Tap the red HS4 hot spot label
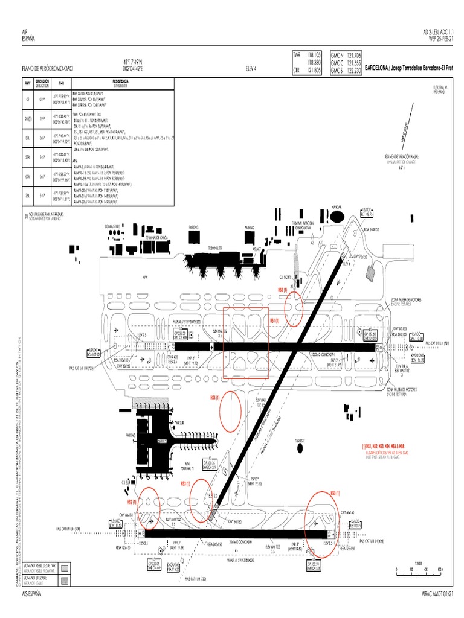(213, 398)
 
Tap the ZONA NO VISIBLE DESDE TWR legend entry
(45, 567)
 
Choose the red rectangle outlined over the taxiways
(245, 343)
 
